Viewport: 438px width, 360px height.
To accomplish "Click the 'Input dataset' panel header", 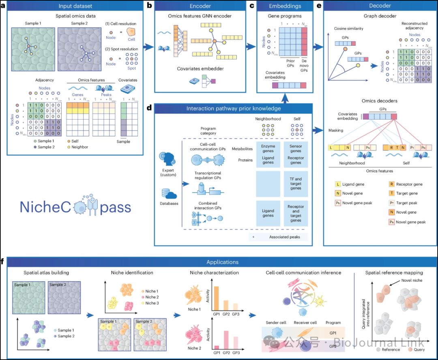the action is coord(75,6).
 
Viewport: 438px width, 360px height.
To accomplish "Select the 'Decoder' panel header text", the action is coord(380,6).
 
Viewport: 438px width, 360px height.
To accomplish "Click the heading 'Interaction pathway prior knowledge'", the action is coord(234,108).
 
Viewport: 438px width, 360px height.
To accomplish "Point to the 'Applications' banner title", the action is coord(223,262).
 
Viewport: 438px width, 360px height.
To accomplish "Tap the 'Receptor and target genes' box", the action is coord(296,213).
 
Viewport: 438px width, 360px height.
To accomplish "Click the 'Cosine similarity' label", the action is coord(349,29).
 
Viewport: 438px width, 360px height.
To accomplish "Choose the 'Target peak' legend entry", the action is coord(410,203).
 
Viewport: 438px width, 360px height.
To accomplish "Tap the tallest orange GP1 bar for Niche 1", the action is coord(216,298).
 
